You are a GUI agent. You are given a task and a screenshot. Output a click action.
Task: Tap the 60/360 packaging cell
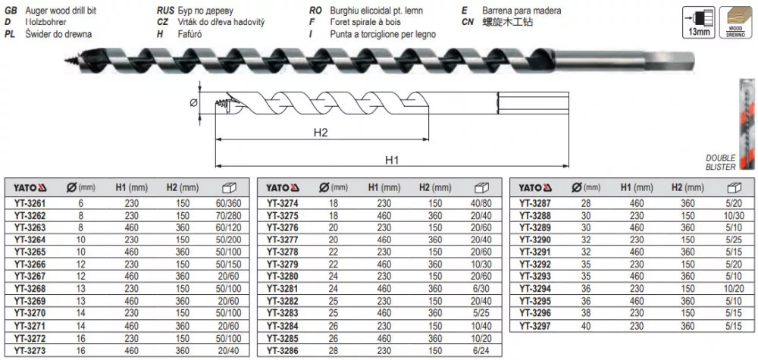(x=229, y=203)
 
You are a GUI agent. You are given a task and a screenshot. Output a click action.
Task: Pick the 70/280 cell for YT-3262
(x=229, y=215)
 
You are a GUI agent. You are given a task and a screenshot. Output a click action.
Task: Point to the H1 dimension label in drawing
(x=392, y=160)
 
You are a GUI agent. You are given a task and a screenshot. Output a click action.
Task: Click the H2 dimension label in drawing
(x=321, y=133)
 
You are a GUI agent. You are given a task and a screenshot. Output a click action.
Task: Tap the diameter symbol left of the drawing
(x=194, y=102)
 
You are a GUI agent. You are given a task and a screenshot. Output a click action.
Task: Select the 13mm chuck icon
(x=700, y=22)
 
